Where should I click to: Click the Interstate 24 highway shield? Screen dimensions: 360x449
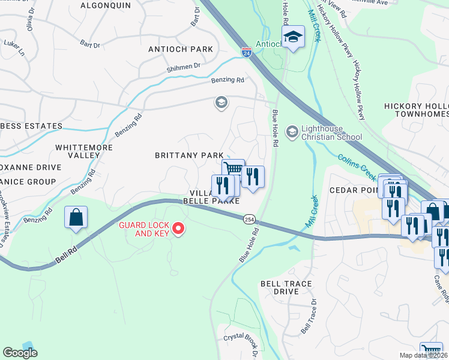[247, 53]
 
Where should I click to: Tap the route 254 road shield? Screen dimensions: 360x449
[248, 220]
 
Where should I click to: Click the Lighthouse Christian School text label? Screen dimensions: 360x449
[331, 131]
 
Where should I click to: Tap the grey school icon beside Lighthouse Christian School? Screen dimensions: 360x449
[292, 131]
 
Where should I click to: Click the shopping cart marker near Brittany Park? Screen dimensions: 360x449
[233, 170]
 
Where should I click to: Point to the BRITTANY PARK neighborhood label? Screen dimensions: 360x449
[189, 155]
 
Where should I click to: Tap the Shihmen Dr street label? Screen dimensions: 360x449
[183, 70]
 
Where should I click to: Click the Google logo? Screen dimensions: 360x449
[20, 353]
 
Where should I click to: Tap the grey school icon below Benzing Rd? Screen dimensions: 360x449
[221, 103]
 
